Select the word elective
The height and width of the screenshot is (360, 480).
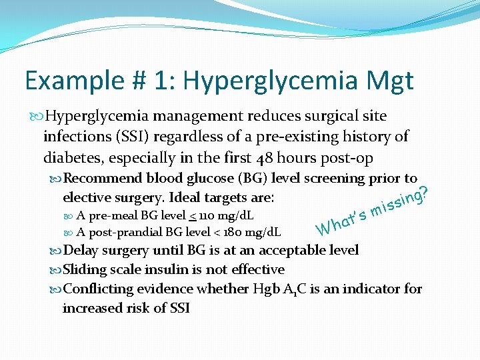pos(85,197)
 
